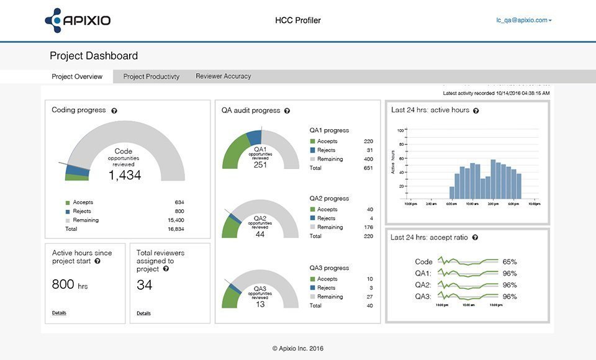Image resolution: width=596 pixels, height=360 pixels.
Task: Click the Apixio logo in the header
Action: point(78,20)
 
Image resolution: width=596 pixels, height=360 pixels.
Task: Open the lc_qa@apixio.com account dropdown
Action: point(523,20)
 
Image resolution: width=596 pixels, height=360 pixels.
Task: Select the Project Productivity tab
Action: point(151,77)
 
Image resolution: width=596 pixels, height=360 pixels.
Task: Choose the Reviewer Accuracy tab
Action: point(223,76)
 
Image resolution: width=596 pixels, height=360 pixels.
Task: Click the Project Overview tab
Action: point(77,77)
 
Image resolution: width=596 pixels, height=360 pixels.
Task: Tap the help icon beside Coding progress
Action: point(114,110)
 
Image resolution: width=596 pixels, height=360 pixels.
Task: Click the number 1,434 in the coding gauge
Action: point(125,176)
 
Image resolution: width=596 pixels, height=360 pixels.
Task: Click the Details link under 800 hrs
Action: point(59,313)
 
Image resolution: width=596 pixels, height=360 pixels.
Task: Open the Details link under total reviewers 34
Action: point(143,313)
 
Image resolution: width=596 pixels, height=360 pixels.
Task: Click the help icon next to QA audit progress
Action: point(287,111)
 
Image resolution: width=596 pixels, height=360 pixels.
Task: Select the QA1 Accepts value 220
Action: point(368,142)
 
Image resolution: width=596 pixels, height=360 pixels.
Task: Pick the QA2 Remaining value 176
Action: point(368,227)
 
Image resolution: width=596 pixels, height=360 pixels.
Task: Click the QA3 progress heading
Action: point(329,268)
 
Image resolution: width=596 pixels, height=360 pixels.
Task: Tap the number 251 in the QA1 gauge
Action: point(260,165)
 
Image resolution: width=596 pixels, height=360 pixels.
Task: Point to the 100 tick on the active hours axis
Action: point(400,130)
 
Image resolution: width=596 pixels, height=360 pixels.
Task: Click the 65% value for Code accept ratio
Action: point(510,262)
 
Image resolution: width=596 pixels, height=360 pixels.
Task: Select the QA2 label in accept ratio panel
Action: point(423,285)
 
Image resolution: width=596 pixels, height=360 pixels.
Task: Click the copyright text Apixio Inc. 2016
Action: point(298,349)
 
